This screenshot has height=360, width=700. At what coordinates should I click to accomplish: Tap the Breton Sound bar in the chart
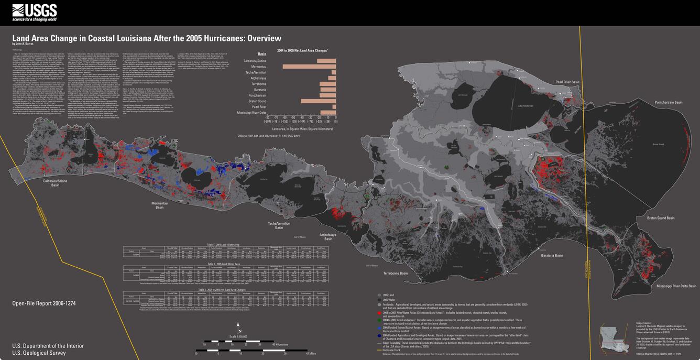[318, 101]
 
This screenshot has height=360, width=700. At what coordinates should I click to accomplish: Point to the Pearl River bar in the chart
[334, 106]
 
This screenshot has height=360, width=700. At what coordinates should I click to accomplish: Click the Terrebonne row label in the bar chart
[258, 84]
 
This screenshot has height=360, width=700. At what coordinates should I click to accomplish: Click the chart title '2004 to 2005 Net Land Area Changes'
[302, 50]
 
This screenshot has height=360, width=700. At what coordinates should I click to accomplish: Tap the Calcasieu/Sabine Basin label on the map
[54, 182]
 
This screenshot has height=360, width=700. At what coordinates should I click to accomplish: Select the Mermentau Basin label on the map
[159, 205]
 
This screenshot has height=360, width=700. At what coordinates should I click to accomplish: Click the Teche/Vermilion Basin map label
[279, 225]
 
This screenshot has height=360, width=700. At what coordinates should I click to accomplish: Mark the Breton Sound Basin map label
[661, 218]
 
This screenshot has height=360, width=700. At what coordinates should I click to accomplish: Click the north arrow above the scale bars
[239, 326]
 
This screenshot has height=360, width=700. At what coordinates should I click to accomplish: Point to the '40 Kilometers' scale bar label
[267, 345]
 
